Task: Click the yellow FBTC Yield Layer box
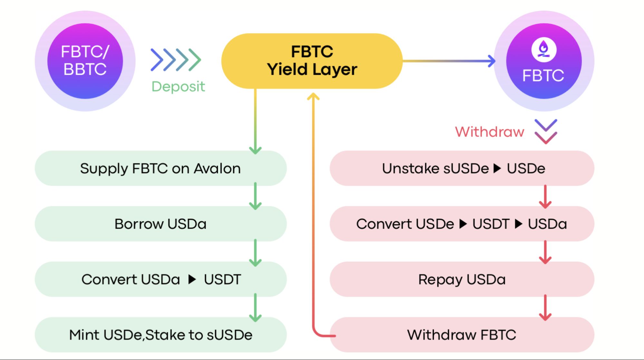tap(312, 61)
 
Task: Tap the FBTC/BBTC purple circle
tap(85, 61)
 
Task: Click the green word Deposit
tap(178, 86)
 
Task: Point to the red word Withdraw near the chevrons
tap(489, 132)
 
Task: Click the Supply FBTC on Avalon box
tap(160, 168)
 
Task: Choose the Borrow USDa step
tap(160, 224)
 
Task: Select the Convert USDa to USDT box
tap(160, 279)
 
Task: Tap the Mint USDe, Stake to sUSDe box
tap(160, 335)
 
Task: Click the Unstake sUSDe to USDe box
tap(462, 168)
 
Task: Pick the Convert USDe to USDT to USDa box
tap(462, 224)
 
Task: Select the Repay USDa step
tap(462, 279)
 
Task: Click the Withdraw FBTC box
tap(462, 335)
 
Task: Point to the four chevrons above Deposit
tap(176, 60)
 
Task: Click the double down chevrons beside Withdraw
tap(546, 131)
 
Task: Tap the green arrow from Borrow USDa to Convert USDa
tap(255, 252)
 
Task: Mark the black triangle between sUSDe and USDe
tap(497, 168)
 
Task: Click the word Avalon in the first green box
tap(217, 168)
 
